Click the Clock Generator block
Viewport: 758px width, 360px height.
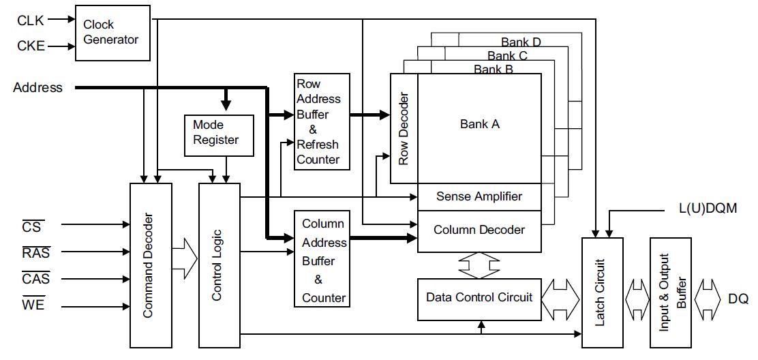tap(112, 33)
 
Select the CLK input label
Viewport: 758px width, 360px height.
tap(31, 20)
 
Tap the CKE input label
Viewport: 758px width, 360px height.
tap(31, 46)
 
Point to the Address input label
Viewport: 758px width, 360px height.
tap(37, 87)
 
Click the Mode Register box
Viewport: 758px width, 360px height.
tap(218, 133)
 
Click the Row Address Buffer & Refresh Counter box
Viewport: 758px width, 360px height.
tap(322, 122)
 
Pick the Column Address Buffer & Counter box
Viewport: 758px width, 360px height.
tap(322, 259)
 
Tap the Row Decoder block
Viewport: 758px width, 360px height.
tap(404, 129)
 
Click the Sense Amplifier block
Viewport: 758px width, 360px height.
tap(479, 196)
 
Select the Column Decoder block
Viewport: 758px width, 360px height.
tap(479, 230)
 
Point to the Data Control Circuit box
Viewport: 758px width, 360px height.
tap(479, 298)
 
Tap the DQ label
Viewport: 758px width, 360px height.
tap(738, 299)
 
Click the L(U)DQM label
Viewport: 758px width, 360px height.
tap(708, 209)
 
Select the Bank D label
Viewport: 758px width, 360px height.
tap(520, 42)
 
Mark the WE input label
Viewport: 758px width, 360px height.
tap(33, 305)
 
